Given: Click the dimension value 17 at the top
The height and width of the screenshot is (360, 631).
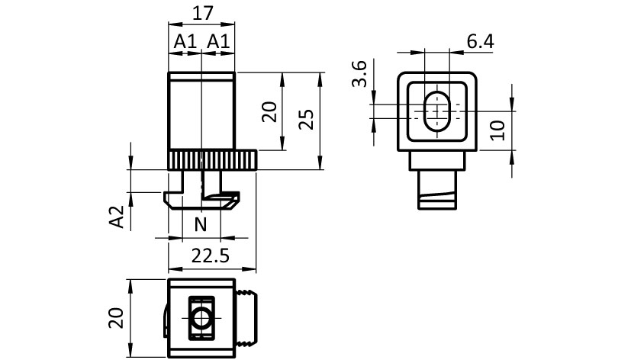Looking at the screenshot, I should click(202, 13).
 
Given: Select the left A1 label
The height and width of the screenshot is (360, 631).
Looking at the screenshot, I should click(185, 41).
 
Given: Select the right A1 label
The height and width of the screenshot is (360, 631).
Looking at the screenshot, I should click(218, 41).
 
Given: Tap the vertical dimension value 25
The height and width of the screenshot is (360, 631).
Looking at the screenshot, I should click(305, 121).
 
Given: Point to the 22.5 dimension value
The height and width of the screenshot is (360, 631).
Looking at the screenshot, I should click(210, 256).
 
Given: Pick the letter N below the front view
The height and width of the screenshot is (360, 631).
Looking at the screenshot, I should click(201, 224).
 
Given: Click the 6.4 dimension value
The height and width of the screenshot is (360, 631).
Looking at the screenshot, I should click(480, 41).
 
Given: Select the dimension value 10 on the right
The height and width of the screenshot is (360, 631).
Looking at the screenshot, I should click(497, 129).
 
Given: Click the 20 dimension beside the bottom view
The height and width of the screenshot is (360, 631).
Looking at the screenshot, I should click(117, 317).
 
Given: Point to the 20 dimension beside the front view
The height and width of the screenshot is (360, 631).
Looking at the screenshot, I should click(269, 113).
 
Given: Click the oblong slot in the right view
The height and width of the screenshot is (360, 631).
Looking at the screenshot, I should click(436, 111).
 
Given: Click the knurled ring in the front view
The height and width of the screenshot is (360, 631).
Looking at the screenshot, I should click(212, 161).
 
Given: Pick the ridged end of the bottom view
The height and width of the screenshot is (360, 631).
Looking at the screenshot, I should click(248, 318).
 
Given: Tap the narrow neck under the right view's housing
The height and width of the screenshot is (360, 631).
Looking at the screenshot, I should click(438, 160).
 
